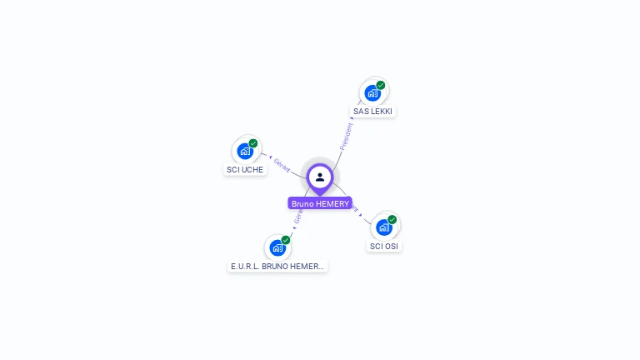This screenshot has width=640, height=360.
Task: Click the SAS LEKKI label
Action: click(x=373, y=111)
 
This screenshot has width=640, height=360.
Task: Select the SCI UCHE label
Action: click(x=245, y=169)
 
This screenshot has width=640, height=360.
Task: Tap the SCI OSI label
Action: click(x=384, y=246)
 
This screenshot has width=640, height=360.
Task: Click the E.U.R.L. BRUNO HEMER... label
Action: click(x=277, y=266)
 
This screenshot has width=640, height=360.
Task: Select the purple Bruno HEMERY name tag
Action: click(x=320, y=203)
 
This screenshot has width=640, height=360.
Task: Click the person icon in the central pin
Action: click(x=320, y=177)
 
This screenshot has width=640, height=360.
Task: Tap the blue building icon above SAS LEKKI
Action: click(x=372, y=93)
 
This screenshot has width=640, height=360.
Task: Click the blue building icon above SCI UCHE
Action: click(x=244, y=152)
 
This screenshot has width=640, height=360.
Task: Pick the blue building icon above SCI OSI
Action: click(x=383, y=227)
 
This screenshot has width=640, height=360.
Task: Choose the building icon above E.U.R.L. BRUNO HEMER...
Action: click(x=277, y=247)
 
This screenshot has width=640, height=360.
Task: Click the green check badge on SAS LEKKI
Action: click(x=381, y=85)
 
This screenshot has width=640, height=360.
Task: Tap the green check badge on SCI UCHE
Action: click(x=253, y=143)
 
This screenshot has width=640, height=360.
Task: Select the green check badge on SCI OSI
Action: click(x=392, y=220)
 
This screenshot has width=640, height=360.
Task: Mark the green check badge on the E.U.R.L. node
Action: click(x=286, y=240)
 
